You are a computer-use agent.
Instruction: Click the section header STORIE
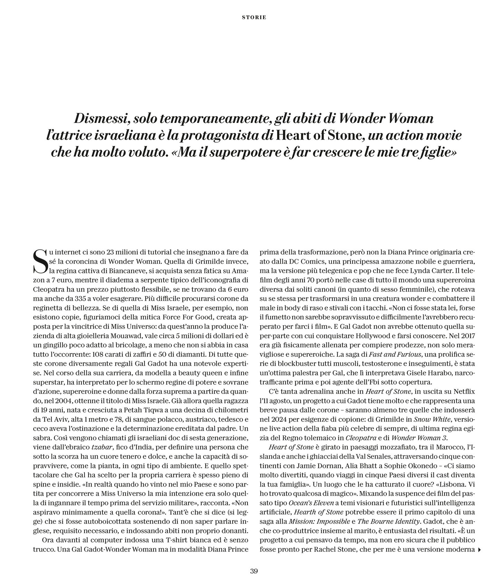click(x=254, y=17)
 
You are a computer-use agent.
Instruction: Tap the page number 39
click(x=254, y=571)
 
